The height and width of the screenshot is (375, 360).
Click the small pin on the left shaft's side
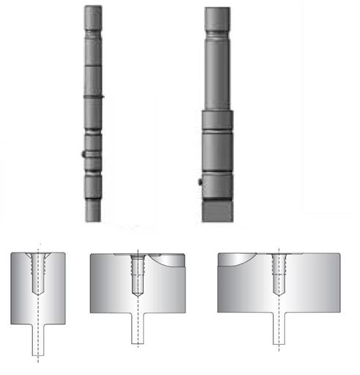click(83, 154)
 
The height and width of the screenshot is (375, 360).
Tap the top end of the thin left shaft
click(94, 10)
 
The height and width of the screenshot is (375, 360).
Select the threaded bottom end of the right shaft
click(217, 209)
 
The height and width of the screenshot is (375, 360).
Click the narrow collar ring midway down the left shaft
click(94, 96)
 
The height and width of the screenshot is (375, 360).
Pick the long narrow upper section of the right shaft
click(217, 73)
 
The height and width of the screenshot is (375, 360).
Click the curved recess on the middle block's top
click(165, 258)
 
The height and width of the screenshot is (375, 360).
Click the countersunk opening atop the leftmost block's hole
click(37, 255)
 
